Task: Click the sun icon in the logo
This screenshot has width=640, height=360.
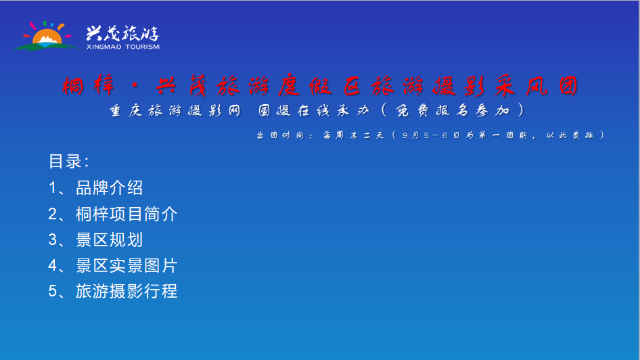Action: coord(47,37)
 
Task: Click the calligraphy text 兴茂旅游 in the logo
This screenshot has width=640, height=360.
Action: coord(122,33)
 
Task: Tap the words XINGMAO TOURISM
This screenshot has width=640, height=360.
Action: coord(123,47)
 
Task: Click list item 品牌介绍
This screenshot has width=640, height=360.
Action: coord(110,187)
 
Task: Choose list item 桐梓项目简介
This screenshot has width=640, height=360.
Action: coord(127,214)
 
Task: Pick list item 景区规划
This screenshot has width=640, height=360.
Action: coord(110,240)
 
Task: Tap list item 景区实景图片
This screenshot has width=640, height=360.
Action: coord(127,266)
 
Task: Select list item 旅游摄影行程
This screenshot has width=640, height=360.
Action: coord(127,292)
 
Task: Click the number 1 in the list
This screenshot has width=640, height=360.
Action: coord(53,188)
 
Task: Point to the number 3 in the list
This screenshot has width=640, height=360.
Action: coord(53,240)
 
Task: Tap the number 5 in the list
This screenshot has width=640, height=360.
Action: coord(53,292)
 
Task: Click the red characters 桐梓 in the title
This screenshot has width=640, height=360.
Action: coord(88,86)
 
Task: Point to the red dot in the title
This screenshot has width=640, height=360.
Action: coord(135,86)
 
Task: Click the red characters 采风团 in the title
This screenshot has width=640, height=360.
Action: coord(536,86)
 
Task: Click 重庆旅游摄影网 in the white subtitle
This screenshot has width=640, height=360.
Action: coord(175,110)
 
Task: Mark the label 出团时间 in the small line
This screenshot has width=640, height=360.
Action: coord(280,135)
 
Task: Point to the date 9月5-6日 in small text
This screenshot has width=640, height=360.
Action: coord(430,135)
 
